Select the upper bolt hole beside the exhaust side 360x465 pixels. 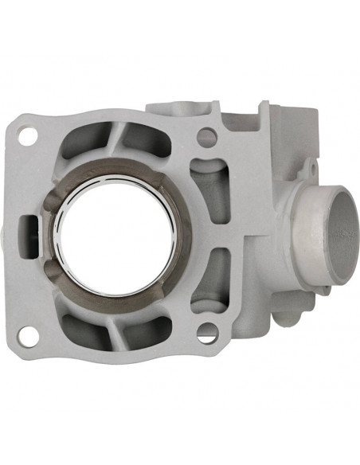coord(206,137)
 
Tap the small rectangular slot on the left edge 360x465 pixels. coord(29,225)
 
